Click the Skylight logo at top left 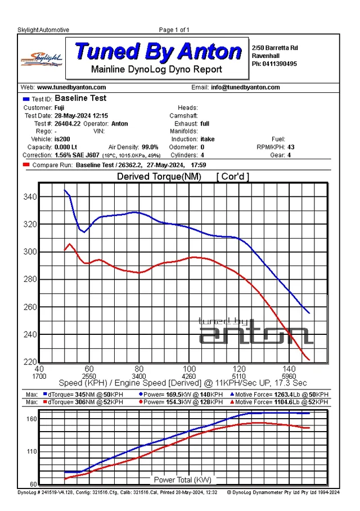click(42, 59)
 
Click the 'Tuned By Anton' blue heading click(158, 51)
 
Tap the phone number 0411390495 click(280, 64)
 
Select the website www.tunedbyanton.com click(71, 87)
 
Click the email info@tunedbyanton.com click(245, 87)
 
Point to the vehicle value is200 click(62, 139)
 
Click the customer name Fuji click(59, 108)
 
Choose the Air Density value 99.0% click(150, 147)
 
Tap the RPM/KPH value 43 click(291, 147)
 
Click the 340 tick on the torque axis click(30, 197)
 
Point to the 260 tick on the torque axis click(30, 307)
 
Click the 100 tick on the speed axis click(189, 369)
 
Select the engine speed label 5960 click(289, 376)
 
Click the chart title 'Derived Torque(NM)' click(159, 177)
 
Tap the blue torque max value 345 click(80, 395)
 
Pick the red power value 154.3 click(173, 402)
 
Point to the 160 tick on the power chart click(32, 419)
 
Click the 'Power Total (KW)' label click(182, 479)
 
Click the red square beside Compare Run click(26, 165)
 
